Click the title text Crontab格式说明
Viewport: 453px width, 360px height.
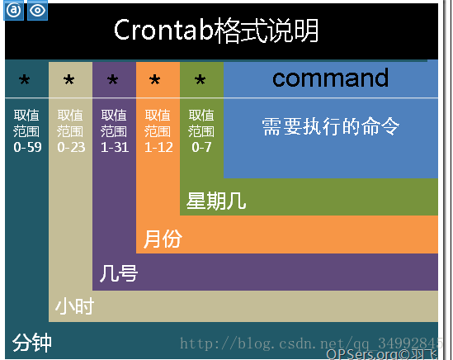point(216,30)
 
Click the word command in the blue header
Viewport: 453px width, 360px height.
point(331,78)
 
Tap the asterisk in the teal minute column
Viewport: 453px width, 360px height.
point(25,79)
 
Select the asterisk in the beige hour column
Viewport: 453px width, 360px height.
point(69,79)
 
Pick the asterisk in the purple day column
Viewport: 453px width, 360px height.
point(113,79)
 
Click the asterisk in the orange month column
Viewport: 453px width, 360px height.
point(155,79)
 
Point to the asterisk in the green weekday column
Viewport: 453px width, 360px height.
point(200,79)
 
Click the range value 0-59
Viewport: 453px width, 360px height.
point(27,147)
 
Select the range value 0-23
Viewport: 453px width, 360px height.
point(71,147)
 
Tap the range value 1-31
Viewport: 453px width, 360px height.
point(115,147)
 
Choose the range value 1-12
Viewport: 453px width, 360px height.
point(158,147)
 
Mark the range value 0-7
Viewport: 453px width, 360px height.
point(201,147)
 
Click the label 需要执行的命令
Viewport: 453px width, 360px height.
point(331,126)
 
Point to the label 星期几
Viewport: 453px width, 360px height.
point(216,201)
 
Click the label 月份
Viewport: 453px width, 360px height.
point(163,239)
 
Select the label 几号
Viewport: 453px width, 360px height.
point(119,273)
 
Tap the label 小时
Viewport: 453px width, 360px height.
point(74,306)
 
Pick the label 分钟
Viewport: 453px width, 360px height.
point(32,343)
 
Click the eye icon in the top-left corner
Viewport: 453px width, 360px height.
point(38,11)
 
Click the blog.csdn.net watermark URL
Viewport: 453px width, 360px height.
point(311,343)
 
